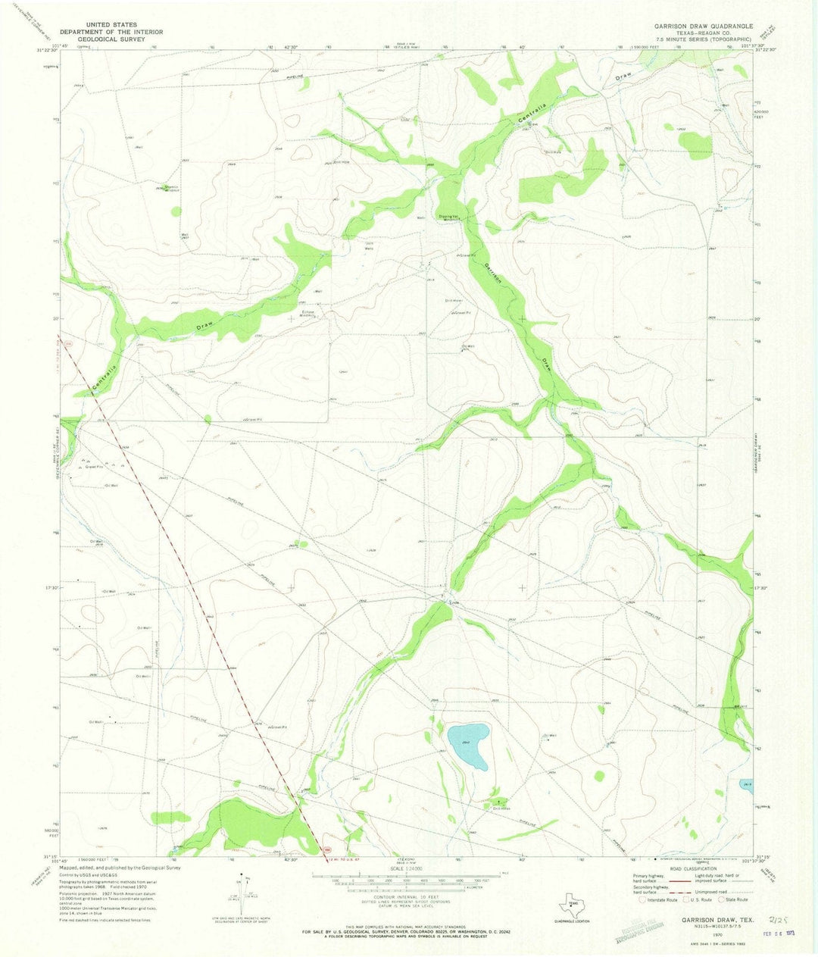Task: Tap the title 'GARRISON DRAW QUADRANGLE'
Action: (x=704, y=26)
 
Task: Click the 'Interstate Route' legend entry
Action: (x=660, y=899)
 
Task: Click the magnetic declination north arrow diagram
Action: (x=247, y=890)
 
